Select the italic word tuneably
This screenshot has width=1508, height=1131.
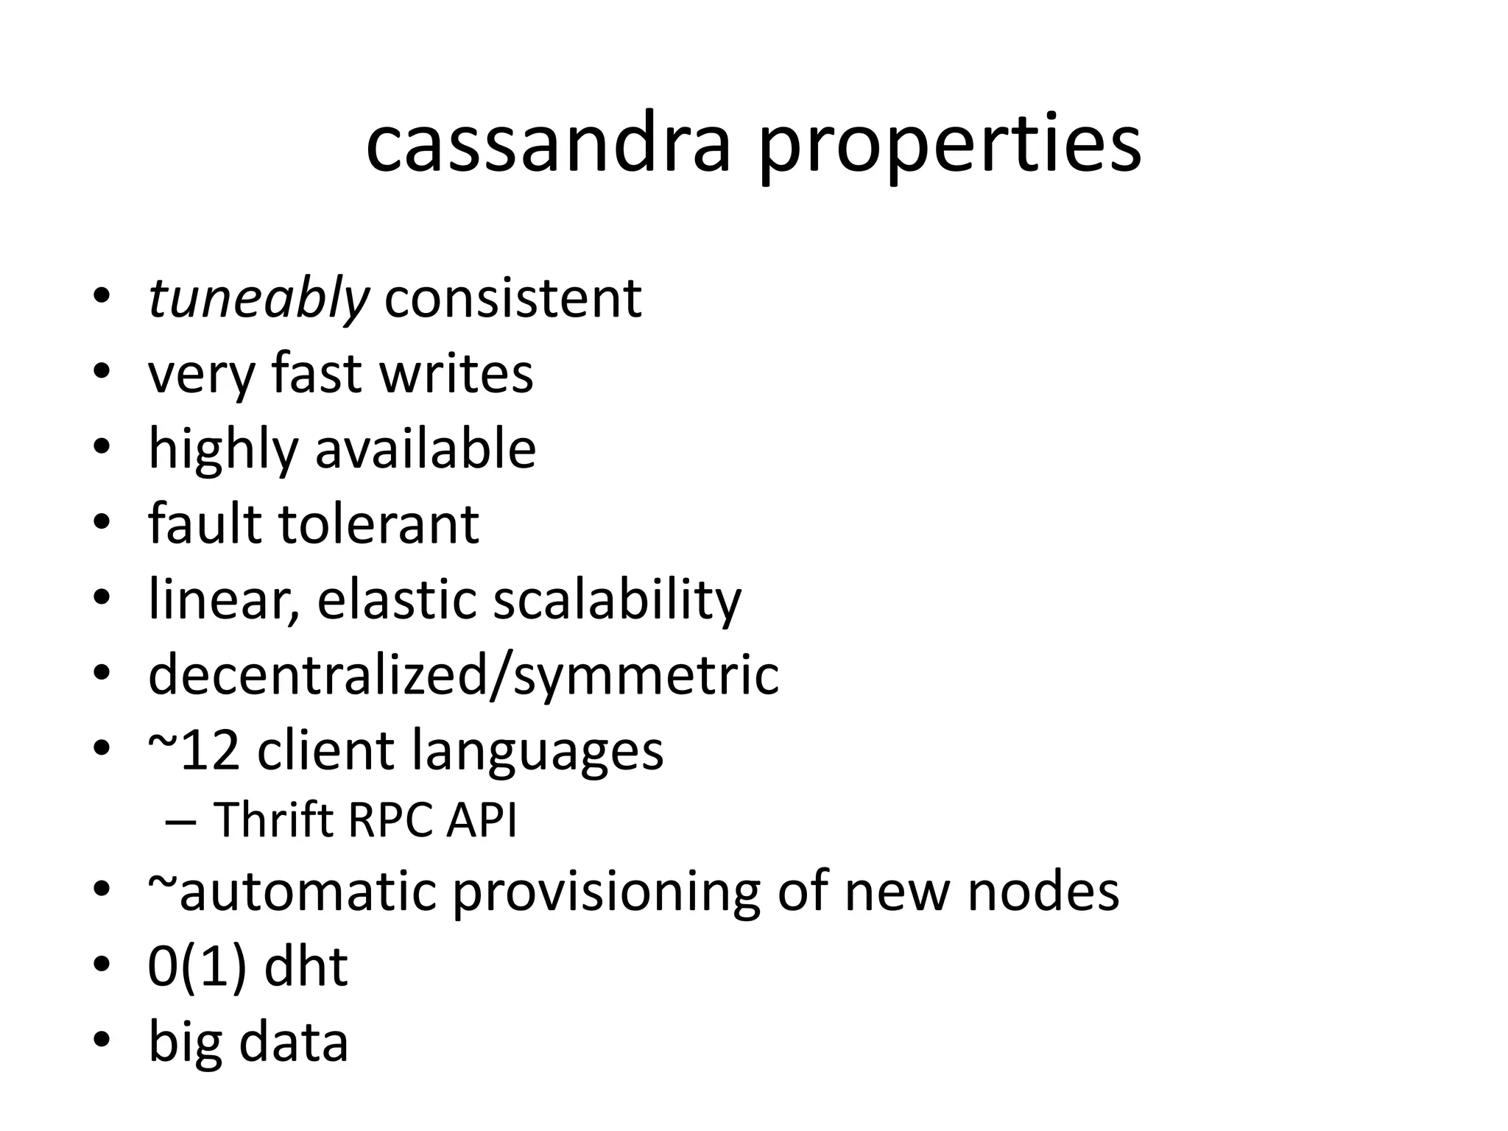point(258,300)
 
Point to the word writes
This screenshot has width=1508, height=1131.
point(456,373)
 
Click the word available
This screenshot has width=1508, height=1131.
point(426,449)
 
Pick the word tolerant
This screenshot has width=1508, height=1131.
point(378,524)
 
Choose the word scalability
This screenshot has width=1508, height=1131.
point(617,600)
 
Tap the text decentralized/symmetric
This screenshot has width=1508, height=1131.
point(463,674)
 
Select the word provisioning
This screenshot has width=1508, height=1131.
point(606,892)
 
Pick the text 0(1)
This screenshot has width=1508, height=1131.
point(197,967)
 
